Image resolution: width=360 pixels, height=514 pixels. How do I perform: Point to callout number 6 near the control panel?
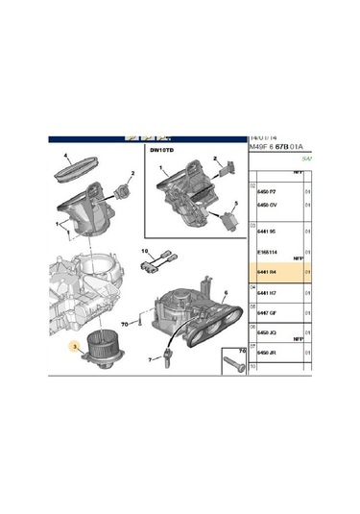pos(225,293)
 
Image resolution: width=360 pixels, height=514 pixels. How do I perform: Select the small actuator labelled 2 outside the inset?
pos(123,188)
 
